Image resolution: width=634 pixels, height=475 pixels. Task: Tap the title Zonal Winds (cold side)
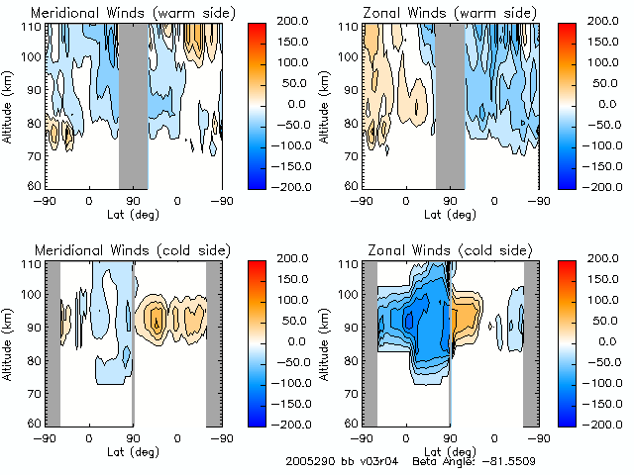coord(433,249)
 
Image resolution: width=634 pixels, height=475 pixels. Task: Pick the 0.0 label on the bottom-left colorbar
coord(299,340)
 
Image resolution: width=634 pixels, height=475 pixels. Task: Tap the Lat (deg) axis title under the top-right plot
coord(450,212)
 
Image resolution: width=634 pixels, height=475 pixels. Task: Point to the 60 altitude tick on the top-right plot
coord(352,185)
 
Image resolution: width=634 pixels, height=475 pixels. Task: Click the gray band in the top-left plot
coord(133,105)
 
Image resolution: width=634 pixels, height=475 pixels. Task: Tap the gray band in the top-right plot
coord(450,105)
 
